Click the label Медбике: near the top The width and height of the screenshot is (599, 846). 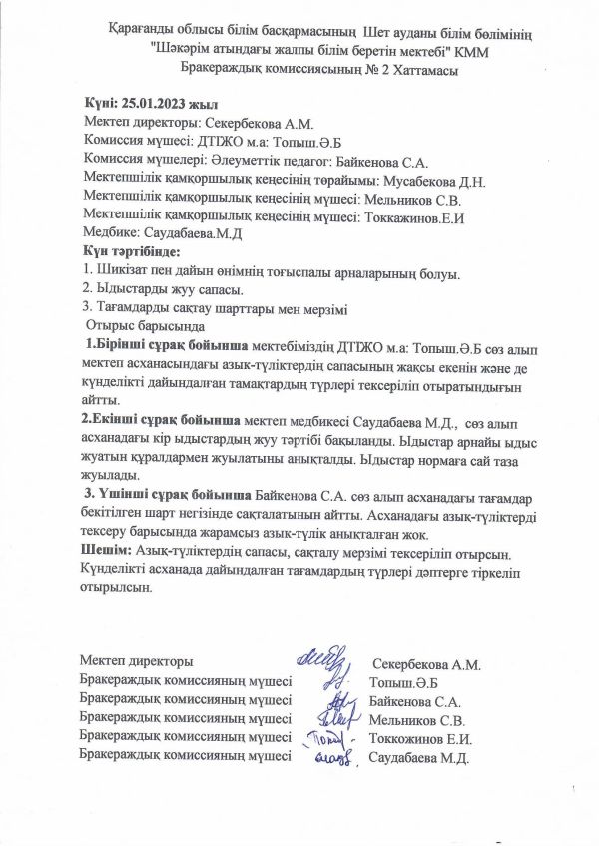[115, 233]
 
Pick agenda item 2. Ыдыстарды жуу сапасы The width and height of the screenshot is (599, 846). [163, 289]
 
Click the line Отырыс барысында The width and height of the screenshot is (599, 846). [147, 325]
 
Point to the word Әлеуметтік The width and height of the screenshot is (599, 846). [226, 161]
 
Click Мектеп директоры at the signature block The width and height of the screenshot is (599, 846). [137, 663]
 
